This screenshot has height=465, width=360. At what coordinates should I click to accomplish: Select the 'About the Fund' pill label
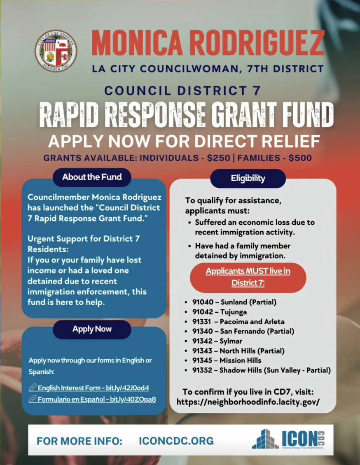[x=92, y=177]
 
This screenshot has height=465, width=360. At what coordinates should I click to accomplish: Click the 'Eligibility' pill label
[x=248, y=178]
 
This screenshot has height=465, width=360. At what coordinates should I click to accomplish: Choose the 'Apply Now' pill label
[x=92, y=329]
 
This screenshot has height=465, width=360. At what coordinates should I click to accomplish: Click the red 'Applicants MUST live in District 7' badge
[x=248, y=277]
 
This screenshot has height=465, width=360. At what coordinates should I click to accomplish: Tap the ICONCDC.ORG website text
[x=176, y=441]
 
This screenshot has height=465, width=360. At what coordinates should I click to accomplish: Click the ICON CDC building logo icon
[x=266, y=439]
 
